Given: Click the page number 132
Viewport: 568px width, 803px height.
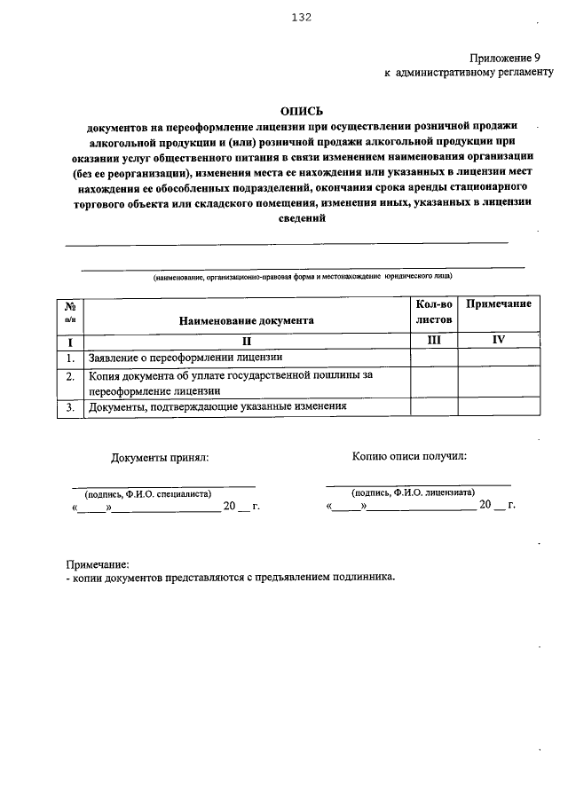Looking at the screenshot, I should pos(300,16).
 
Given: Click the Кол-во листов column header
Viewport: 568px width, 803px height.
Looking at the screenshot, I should pos(433,311).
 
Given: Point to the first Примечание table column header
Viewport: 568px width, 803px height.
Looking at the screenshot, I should pos(499,304).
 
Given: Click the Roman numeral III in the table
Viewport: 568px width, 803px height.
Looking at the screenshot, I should pos(433,340).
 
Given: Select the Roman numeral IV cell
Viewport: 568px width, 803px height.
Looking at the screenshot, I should pos(499,340).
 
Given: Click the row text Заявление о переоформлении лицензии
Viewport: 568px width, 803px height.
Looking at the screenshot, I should pos(185,358).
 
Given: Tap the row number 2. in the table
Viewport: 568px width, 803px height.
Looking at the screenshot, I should pos(69,376).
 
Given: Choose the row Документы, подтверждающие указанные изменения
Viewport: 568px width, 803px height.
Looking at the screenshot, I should pos(217,407).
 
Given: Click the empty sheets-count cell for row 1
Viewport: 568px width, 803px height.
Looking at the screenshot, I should pos(433,358).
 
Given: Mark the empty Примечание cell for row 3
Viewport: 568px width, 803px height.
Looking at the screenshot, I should pos(499,407).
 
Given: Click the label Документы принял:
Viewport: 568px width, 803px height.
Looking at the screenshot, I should pos(160,458).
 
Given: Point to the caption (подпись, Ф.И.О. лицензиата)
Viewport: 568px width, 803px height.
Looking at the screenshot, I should pos(413,492).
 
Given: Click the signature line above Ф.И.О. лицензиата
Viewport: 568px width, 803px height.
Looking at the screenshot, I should pos(418,484).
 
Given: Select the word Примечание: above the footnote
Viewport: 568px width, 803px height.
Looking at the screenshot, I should pos(98,564).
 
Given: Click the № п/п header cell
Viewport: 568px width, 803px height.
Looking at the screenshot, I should pos(70,311).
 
